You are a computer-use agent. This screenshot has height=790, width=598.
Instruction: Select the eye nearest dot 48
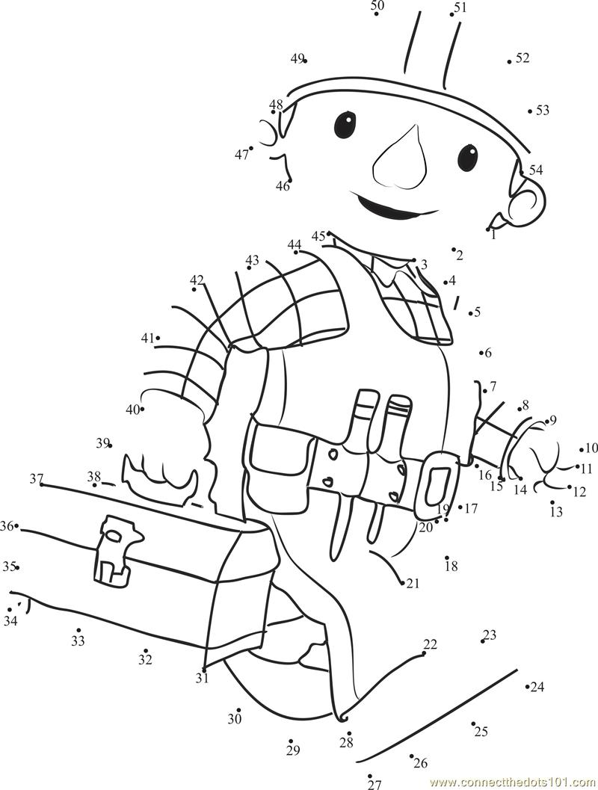pos(345,124)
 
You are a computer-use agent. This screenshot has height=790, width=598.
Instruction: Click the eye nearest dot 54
pos(467,156)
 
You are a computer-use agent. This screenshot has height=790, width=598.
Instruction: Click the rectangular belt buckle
pos(438,485)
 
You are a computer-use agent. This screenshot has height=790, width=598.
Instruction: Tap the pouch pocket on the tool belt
pos(278,457)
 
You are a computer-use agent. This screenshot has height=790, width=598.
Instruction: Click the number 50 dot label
pos(377,6)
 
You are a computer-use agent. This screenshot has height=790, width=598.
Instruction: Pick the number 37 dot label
pos(37,479)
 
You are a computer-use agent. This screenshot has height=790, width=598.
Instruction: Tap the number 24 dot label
pos(537,687)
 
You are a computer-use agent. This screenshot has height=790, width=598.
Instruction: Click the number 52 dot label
pos(522,58)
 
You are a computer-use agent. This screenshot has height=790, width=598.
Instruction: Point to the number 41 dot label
pos(147,338)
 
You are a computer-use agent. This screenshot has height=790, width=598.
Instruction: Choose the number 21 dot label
pos(413,583)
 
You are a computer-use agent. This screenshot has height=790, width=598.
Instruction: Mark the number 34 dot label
pos(10,620)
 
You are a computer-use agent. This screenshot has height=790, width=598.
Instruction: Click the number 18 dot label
pos(451,567)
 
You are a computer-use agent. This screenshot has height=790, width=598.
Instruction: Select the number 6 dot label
pos(488,353)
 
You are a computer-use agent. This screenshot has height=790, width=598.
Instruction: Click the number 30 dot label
pos(235,718)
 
